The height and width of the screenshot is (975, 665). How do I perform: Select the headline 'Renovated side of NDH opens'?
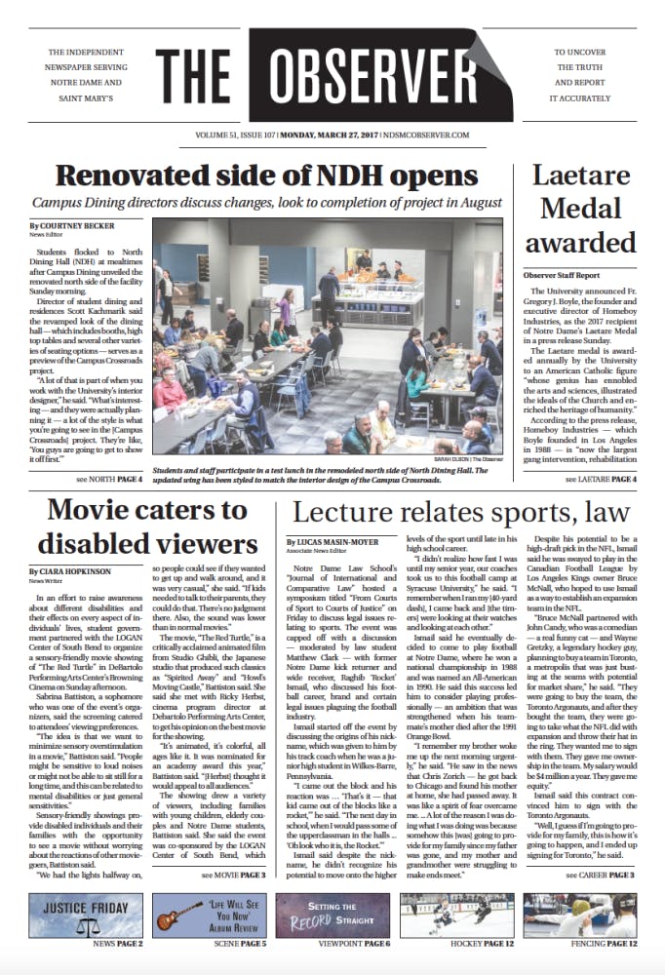coord(266,175)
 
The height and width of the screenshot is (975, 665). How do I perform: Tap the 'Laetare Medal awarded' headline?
coord(582,209)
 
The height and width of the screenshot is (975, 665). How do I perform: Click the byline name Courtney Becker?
coord(74,226)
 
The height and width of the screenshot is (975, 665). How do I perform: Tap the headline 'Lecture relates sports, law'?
coord(455,513)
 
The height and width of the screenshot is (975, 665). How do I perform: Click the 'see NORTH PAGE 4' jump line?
coord(115,480)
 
